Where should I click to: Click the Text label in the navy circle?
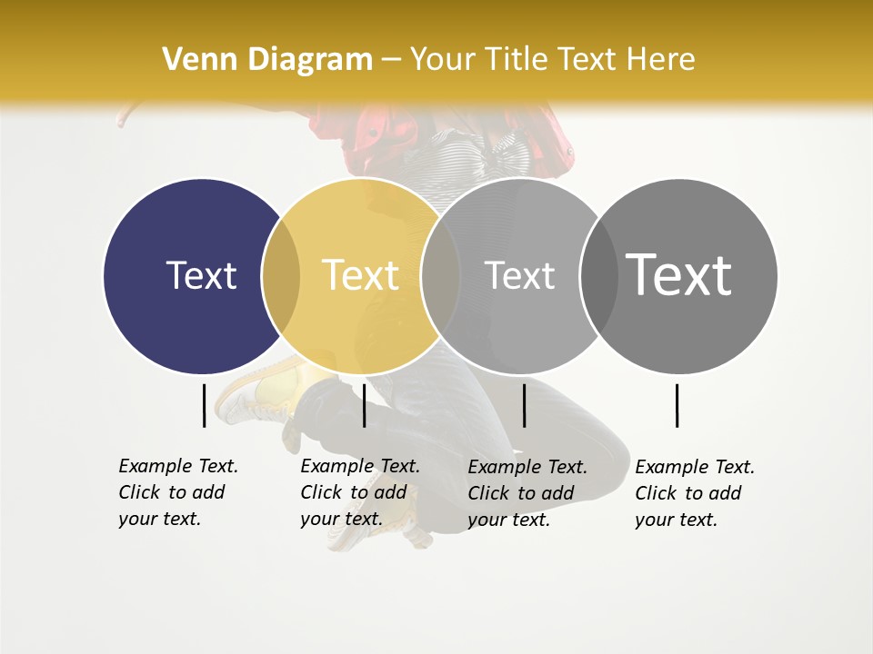[x=201, y=275]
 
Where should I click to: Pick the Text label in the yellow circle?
[x=360, y=275]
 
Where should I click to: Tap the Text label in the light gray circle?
[x=519, y=275]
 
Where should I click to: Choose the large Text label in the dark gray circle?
[x=678, y=274]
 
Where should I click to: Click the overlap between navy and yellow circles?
[x=280, y=275]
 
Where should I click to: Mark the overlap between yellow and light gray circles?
[x=439, y=275]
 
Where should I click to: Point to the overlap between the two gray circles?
[x=598, y=275]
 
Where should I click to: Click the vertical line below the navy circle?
[x=204, y=405]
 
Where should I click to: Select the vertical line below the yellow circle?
[x=364, y=405]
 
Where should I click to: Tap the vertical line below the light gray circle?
[x=524, y=405]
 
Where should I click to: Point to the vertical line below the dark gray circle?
[x=677, y=405]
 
